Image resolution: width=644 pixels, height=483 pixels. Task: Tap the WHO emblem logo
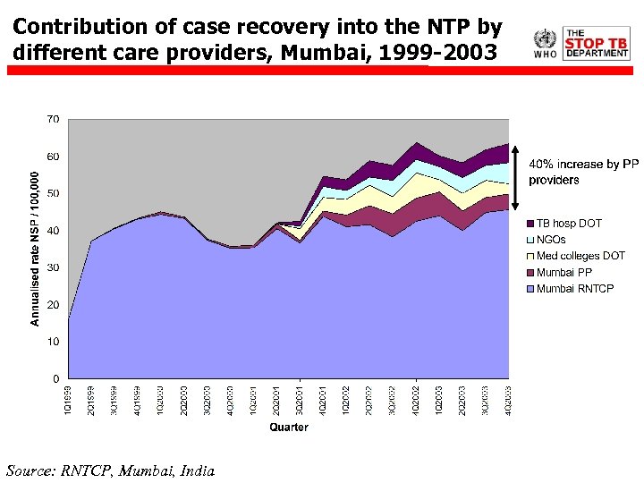544,39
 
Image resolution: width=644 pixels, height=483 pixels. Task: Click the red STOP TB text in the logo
596,41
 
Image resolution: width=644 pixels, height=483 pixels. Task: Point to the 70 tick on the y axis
53,119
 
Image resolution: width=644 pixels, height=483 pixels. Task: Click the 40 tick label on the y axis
53,231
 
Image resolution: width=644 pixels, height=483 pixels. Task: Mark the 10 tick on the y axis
53,342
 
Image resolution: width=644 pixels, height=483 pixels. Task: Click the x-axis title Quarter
289,427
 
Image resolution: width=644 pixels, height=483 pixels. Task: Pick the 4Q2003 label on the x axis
508,398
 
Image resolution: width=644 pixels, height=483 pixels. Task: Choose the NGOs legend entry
551,240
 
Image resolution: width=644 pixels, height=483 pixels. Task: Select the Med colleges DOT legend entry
580,256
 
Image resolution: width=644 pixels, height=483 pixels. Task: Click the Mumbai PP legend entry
563,272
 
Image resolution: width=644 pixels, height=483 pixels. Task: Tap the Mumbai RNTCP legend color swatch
530,289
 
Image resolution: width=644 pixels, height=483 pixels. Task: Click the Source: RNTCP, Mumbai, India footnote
110,470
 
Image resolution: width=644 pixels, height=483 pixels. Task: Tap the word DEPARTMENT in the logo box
596,54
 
